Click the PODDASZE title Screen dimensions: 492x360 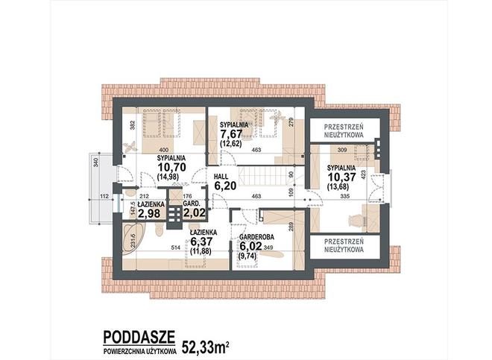[x=139, y=338]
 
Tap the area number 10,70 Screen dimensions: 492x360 [x=171, y=167]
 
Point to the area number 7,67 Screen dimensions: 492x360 [x=231, y=134]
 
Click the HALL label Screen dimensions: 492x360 [x=221, y=177]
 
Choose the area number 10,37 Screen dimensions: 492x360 [x=342, y=177]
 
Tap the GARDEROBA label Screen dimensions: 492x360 [x=256, y=237]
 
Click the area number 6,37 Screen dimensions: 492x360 [x=201, y=241]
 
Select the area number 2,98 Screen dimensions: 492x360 [x=149, y=213]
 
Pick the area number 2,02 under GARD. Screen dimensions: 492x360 [x=195, y=213]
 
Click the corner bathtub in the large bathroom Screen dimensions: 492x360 [x=131, y=236]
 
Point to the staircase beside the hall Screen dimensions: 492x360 [x=262, y=176]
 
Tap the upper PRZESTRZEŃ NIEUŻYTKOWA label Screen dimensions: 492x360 [x=344, y=131]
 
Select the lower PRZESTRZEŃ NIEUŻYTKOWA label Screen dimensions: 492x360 [x=344, y=246]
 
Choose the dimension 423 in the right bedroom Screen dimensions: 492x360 [x=363, y=174]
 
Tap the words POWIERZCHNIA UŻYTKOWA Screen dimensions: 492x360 [x=140, y=352]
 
